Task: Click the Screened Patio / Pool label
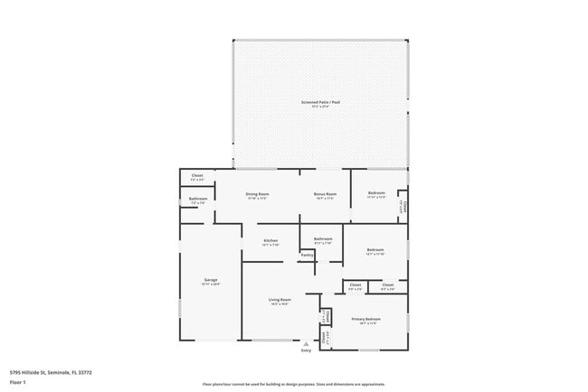click(321, 102)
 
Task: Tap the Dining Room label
click(258, 193)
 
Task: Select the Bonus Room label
click(325, 193)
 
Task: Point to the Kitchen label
click(270, 239)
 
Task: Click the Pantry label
click(307, 255)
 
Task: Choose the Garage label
click(210, 280)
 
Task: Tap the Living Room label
click(279, 299)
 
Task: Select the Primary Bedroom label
click(366, 318)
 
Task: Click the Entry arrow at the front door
click(306, 344)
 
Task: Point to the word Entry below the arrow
click(306, 351)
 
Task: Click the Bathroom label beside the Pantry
click(323, 238)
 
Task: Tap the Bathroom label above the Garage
click(198, 199)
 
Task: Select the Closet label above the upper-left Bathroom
click(197, 174)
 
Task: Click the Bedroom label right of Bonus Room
click(376, 192)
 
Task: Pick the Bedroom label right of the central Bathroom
click(375, 249)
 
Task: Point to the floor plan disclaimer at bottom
click(294, 384)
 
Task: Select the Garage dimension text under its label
click(210, 285)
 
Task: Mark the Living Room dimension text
click(279, 304)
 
